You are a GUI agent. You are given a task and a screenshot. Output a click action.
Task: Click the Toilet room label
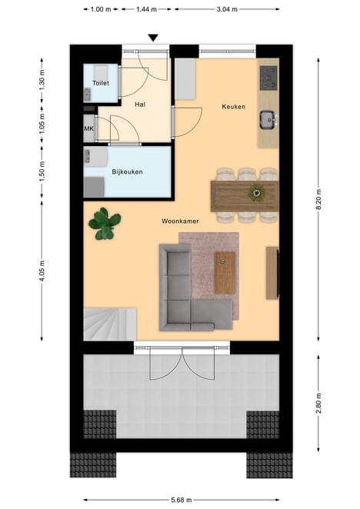tap(101, 83)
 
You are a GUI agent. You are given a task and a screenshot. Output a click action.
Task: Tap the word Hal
tap(140, 105)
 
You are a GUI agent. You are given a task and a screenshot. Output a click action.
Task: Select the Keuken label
tap(233, 106)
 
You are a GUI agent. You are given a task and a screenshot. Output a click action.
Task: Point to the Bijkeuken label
tap(128, 171)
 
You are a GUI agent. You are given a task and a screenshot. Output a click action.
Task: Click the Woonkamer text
tap(180, 221)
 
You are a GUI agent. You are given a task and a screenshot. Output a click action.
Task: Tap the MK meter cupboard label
tap(89, 128)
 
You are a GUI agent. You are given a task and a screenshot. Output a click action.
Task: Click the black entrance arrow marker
tap(153, 38)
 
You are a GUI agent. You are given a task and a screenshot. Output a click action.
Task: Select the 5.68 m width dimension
tap(182, 500)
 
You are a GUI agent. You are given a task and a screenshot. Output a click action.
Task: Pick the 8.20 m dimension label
tap(318, 199)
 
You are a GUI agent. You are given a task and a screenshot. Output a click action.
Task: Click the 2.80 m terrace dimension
tap(318, 403)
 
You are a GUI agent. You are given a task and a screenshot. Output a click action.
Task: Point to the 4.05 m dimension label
tap(42, 271)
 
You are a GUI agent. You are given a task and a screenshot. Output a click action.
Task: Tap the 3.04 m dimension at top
tap(227, 9)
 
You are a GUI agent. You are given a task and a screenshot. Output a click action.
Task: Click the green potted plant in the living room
tap(105, 224)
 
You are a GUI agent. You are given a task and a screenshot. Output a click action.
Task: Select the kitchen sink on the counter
tap(268, 120)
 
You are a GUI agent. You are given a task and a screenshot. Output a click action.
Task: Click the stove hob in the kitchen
tap(268, 78)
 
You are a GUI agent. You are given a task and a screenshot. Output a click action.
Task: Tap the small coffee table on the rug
tap(225, 273)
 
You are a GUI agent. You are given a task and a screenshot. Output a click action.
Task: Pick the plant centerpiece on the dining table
tap(257, 193)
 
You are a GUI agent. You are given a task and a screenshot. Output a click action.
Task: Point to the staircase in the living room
tap(110, 324)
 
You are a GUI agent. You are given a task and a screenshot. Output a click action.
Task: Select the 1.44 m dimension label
tap(146, 9)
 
